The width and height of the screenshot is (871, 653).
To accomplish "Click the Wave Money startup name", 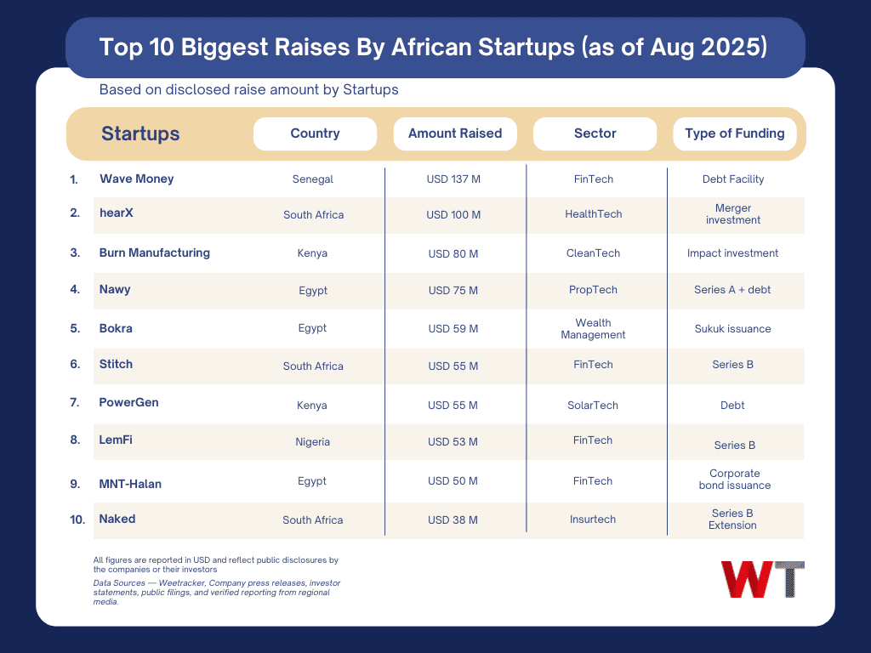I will coord(136,179).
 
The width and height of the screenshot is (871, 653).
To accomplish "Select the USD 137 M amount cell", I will coord(453,179).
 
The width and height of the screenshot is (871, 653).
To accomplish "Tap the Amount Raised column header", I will coord(455,133).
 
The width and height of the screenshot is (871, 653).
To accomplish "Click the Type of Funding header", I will coord(735,133).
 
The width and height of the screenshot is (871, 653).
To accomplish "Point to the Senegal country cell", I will coord(313,179).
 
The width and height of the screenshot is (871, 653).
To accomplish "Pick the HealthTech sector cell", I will coord(594,214).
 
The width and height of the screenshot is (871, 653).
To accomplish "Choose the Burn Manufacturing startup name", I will coord(154,253).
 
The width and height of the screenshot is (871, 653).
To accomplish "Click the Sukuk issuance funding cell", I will coord(732,328).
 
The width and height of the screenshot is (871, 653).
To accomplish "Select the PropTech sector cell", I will coord(594,290).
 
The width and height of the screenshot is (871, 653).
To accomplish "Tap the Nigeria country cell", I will coord(313,442).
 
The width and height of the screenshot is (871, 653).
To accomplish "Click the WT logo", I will coord(762,579).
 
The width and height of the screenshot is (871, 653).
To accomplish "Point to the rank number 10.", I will coord(77,520).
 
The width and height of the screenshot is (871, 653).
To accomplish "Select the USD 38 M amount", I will coord(453,520).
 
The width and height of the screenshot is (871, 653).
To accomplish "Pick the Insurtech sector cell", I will coord(593,520).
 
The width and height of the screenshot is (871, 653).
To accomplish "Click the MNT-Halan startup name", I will coord(130,484).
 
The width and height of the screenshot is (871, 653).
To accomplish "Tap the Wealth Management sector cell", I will coord(593,328).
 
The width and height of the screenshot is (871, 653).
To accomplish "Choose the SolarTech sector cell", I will coord(593,406).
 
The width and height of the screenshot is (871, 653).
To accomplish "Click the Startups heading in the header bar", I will coord(140,133).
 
